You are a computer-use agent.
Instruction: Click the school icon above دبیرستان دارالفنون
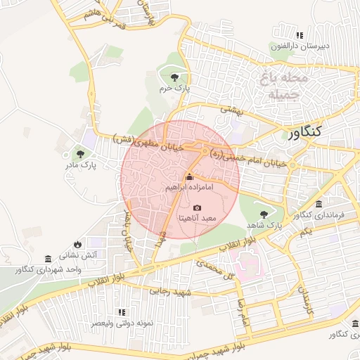300,35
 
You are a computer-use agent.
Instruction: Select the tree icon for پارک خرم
174,77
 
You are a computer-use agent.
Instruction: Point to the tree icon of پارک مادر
80,153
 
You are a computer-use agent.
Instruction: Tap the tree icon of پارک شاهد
264,214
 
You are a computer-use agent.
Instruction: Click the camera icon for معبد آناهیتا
196,208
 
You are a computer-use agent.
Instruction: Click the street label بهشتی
231,109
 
